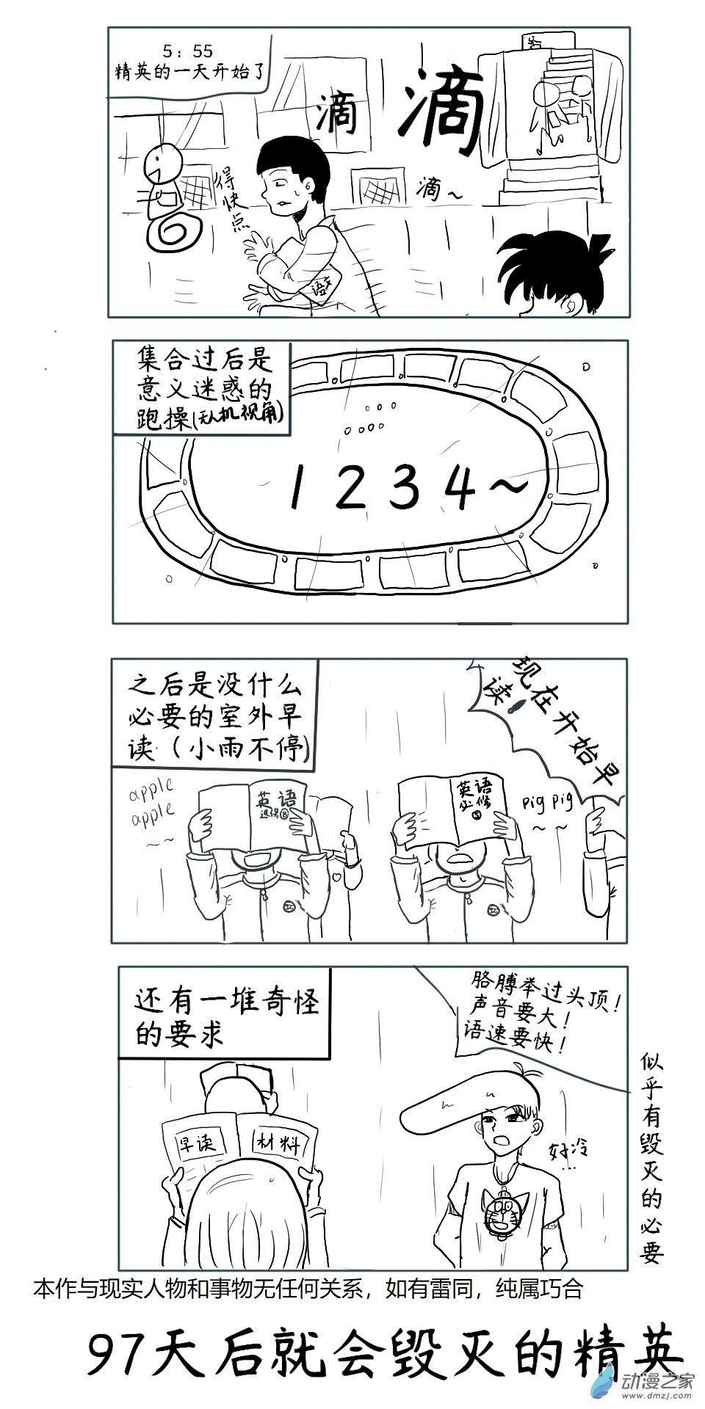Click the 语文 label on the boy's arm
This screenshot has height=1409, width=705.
[x=321, y=283]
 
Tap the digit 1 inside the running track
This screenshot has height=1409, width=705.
[x=296, y=487]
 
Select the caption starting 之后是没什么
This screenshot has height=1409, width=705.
[x=214, y=716]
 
